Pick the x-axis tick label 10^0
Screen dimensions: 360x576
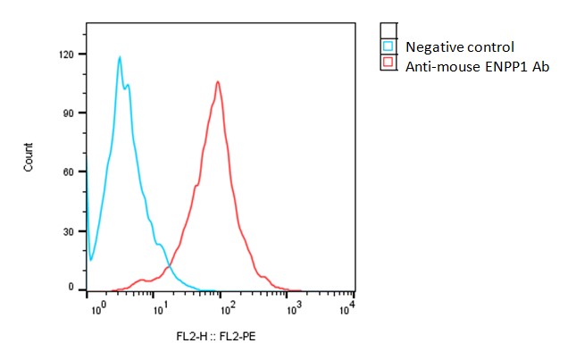tap(98, 306)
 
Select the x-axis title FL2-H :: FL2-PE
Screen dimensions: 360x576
tap(215, 337)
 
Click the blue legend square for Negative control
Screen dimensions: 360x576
tap(388, 46)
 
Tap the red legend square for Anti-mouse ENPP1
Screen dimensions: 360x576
tap(388, 63)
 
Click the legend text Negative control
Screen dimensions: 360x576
tap(460, 46)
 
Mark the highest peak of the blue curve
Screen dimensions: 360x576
tap(119, 57)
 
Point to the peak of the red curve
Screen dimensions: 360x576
tap(217, 81)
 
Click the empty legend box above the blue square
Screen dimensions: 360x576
tap(388, 30)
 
